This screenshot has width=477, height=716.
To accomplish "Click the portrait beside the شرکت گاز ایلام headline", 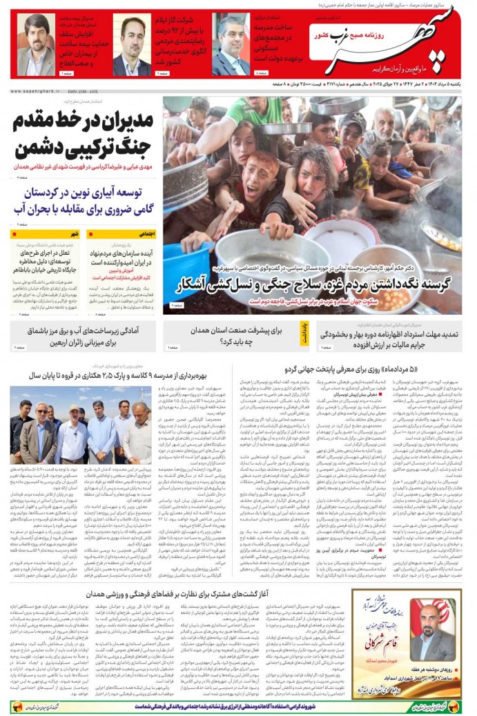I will (x=131, y=46).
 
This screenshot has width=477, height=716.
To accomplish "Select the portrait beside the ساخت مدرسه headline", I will (x=231, y=45).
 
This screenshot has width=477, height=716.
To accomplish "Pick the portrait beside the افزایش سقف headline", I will (x=35, y=46).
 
